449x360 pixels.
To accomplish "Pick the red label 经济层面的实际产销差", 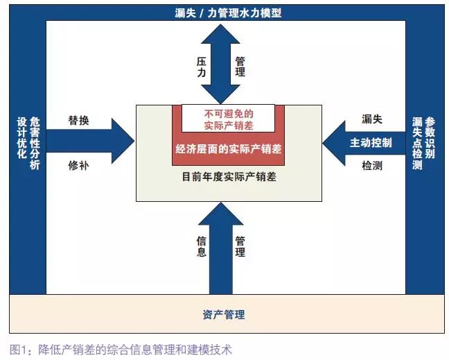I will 228,149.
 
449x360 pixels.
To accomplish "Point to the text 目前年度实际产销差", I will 228,178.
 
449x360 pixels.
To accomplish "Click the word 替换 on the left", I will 78,120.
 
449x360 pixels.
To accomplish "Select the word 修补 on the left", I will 78,166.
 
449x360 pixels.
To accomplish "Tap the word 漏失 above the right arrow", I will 372,119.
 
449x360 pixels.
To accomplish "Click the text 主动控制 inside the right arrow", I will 371,143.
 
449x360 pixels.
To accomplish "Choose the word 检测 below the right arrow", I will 372,166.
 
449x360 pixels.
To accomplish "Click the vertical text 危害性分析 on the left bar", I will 35,143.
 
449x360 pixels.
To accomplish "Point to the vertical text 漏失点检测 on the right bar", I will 416,143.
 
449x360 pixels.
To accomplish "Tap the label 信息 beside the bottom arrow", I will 201,246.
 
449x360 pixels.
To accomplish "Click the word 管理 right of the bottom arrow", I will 240,246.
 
